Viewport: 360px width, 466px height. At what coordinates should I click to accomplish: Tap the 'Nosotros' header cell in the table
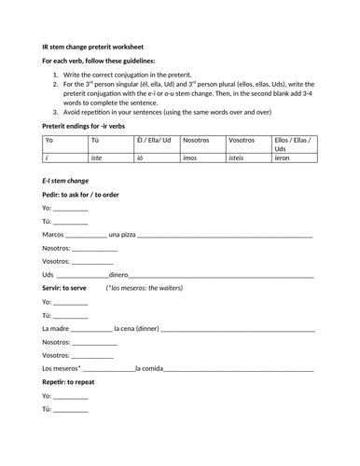tap(196, 139)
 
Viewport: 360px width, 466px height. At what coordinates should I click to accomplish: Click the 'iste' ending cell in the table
tap(95, 159)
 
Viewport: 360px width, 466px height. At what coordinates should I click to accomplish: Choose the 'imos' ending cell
tap(191, 159)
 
